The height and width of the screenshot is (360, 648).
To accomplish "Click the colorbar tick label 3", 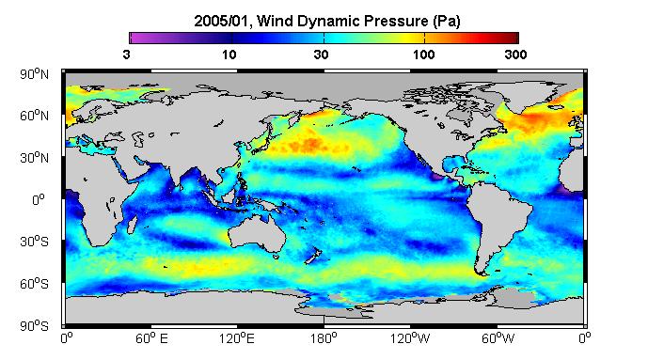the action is pyautogui.click(x=126, y=55).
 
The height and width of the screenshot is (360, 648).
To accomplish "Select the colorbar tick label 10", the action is pyautogui.click(x=229, y=55).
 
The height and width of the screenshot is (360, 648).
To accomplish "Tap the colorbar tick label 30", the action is pyautogui.click(x=321, y=55).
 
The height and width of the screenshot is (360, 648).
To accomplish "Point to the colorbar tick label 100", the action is pyautogui.click(x=424, y=55).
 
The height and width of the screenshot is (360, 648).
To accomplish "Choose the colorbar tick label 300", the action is pyautogui.click(x=515, y=55).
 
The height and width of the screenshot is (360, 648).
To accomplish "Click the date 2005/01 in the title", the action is pyautogui.click(x=222, y=21).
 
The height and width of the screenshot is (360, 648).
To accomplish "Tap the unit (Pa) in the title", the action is pyautogui.click(x=447, y=22).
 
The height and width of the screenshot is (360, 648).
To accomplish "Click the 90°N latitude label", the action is pyautogui.click(x=34, y=74).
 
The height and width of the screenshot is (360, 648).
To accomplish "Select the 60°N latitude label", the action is pyautogui.click(x=34, y=116).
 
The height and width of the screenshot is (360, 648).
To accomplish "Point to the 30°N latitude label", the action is pyautogui.click(x=34, y=158).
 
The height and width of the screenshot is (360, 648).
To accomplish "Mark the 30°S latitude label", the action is pyautogui.click(x=34, y=242).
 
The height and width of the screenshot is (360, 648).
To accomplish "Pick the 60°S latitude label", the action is pyautogui.click(x=34, y=284).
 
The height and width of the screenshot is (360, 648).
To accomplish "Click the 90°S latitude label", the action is pyautogui.click(x=34, y=326).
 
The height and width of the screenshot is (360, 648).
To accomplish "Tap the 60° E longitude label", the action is pyautogui.click(x=151, y=338).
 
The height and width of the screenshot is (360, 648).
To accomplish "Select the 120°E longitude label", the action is pyautogui.click(x=237, y=338).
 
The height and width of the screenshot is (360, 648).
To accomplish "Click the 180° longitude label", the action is pyautogui.click(x=324, y=338).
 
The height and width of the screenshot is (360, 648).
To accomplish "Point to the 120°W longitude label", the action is pyautogui.click(x=410, y=338).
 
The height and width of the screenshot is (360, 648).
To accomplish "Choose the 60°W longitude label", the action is pyautogui.click(x=498, y=338).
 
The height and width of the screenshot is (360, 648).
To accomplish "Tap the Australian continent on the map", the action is pyautogui.click(x=257, y=234).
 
